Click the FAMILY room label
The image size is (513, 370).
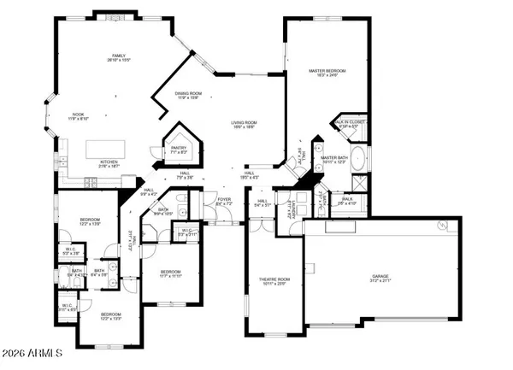point(116,54)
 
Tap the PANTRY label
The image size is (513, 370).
point(179,148)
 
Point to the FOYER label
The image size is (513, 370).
point(224,198)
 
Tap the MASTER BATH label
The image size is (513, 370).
point(333,158)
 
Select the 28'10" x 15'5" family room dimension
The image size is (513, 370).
point(116,60)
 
